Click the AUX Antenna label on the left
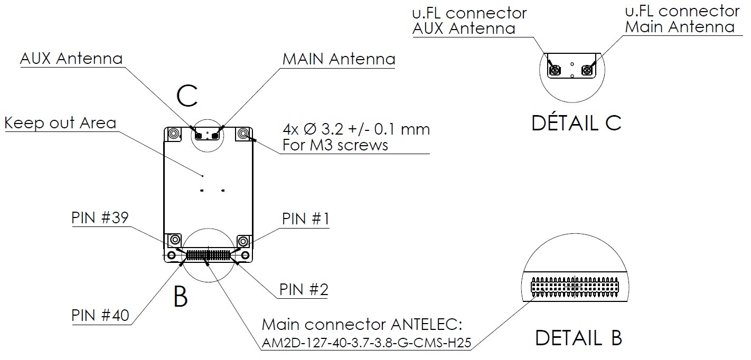point(71,58)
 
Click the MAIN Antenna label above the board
point(339,59)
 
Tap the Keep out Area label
point(60,123)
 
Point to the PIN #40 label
point(100,315)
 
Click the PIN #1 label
point(306,219)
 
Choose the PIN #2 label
point(304,289)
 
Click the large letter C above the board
point(187,96)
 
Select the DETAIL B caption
point(578,337)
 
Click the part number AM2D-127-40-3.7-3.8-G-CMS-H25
point(365,343)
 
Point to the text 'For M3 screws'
point(335,145)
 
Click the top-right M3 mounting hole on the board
point(244,134)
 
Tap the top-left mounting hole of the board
point(173,134)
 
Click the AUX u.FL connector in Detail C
point(556,70)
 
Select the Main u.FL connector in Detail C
point(586,70)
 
